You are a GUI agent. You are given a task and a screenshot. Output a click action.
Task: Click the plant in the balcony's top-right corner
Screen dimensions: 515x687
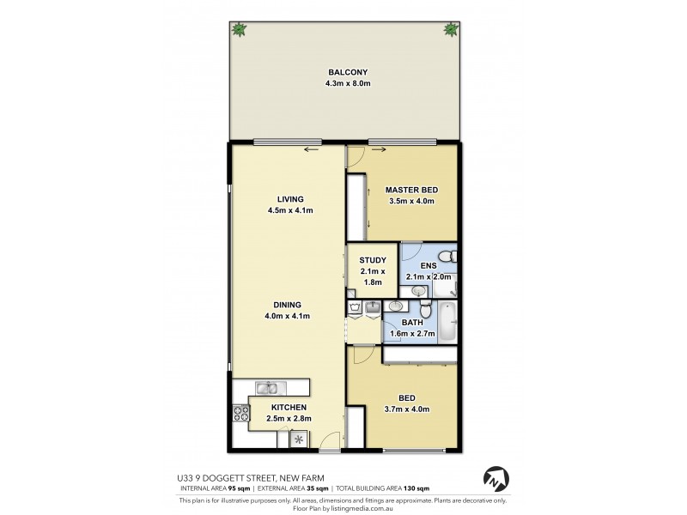(x=451, y=30)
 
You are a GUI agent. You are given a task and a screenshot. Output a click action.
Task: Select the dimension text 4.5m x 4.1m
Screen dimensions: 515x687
(x=284, y=210)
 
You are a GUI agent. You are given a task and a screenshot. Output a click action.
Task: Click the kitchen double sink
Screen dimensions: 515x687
(x=266, y=388)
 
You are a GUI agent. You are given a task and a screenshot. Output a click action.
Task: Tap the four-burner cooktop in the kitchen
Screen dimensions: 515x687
(x=239, y=417)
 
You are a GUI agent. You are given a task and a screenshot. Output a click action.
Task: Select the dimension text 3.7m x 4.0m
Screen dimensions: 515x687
(x=408, y=409)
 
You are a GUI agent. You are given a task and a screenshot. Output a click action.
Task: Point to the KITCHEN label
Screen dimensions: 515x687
(x=285, y=407)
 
